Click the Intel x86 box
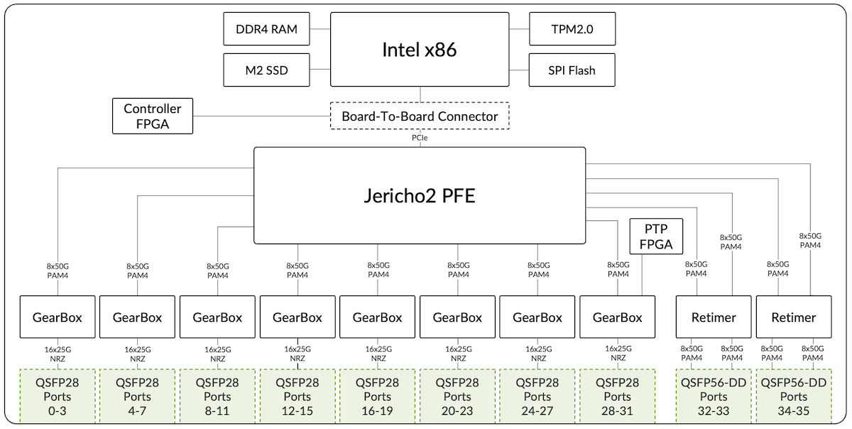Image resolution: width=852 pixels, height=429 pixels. point(419,50)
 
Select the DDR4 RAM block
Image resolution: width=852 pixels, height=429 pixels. point(266,29)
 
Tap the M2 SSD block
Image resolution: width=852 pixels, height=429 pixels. point(266,70)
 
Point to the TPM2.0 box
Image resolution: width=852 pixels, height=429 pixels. point(572,29)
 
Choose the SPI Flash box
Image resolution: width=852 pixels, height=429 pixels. point(572,70)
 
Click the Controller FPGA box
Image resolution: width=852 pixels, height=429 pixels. point(152,116)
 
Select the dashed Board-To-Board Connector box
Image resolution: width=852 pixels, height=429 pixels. point(420,116)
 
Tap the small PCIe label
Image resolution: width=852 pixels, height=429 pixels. point(420,139)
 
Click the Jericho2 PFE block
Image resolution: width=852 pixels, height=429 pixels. point(420,195)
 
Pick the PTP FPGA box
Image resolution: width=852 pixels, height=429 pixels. point(656,237)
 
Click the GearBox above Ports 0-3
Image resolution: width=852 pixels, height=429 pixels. point(57,317)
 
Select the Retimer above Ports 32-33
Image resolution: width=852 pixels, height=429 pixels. point(714,317)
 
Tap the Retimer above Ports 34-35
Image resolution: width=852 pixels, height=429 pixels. point(794,317)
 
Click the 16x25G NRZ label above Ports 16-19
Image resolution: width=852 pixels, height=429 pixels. point(378,354)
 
